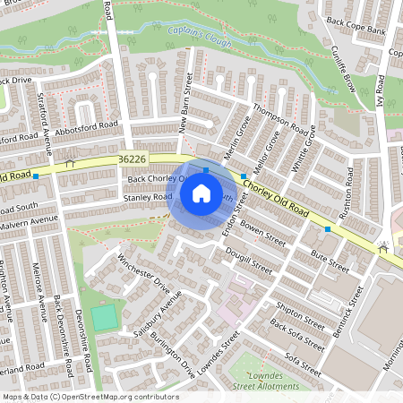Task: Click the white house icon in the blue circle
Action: tap(201, 192)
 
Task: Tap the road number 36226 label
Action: tap(132, 159)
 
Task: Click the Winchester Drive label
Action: tap(143, 273)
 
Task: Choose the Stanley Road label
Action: tap(148, 197)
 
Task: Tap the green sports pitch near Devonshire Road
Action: tap(104, 316)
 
